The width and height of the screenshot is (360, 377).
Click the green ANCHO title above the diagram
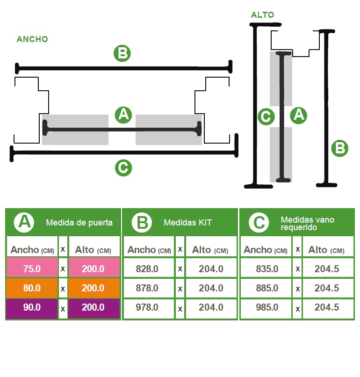(32, 39)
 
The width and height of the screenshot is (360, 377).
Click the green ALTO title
(262, 15)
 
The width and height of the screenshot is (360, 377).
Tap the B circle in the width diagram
(122, 53)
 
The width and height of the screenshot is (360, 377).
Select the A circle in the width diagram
(123, 115)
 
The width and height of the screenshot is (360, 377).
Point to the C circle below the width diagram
(123, 167)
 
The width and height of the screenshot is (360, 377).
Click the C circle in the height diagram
(266, 116)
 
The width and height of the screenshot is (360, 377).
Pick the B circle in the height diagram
(339, 148)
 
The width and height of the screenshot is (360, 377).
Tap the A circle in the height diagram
(298, 115)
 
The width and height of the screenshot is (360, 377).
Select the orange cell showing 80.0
(32, 288)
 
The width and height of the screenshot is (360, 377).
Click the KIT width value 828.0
(147, 269)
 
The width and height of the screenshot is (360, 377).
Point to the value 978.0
(147, 307)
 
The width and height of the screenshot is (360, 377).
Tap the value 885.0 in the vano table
(267, 288)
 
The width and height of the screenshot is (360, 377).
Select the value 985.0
(267, 307)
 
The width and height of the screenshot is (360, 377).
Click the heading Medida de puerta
(79, 223)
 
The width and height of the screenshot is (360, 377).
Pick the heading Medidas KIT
(187, 223)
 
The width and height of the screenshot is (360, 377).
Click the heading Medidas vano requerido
(307, 224)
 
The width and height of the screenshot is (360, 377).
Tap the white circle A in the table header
(24, 222)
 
